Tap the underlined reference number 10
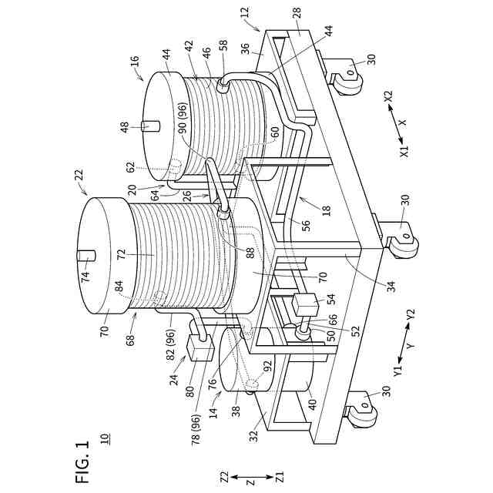[105, 439]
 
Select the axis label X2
[388, 96]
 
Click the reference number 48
[125, 127]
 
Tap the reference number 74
[86, 277]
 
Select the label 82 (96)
[171, 340]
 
